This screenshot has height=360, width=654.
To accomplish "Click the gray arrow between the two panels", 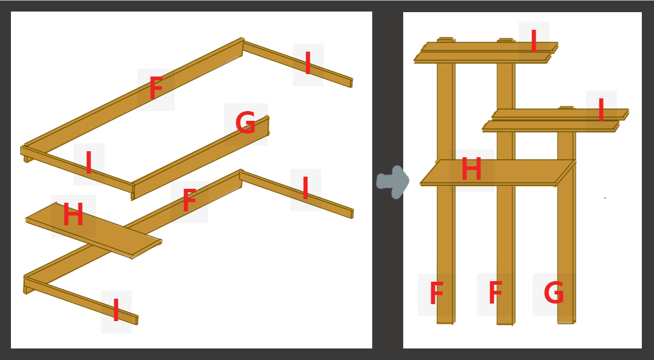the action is [393, 182].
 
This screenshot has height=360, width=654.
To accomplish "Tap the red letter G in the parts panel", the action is [245, 123].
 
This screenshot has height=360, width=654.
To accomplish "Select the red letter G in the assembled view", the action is [554, 293].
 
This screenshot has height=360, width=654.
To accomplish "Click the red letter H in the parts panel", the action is [73, 215].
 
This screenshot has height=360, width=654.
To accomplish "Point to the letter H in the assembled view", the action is [471, 169].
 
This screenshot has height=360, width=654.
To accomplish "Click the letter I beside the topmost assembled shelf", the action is [533, 41].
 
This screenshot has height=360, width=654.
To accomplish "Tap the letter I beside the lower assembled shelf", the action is [601, 110].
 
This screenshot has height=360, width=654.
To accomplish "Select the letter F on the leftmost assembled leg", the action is [436, 293].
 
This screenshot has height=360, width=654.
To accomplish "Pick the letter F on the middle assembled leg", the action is [495, 293].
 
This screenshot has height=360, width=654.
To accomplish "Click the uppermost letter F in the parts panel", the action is [155, 87].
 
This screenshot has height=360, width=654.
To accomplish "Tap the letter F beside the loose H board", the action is [189, 200].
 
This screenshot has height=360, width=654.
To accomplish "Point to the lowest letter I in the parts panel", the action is [116, 310].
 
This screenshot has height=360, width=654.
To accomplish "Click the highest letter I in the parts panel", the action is [308, 63].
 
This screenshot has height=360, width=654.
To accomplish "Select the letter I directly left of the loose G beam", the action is [89, 163].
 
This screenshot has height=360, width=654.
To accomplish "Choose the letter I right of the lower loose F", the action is [305, 188].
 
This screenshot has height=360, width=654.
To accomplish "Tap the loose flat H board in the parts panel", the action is [94, 231].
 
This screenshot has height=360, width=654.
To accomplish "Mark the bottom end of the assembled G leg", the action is [566, 322].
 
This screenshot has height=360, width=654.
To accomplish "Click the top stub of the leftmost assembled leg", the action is [446, 39].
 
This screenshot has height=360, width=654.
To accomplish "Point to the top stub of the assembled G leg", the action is [567, 107].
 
